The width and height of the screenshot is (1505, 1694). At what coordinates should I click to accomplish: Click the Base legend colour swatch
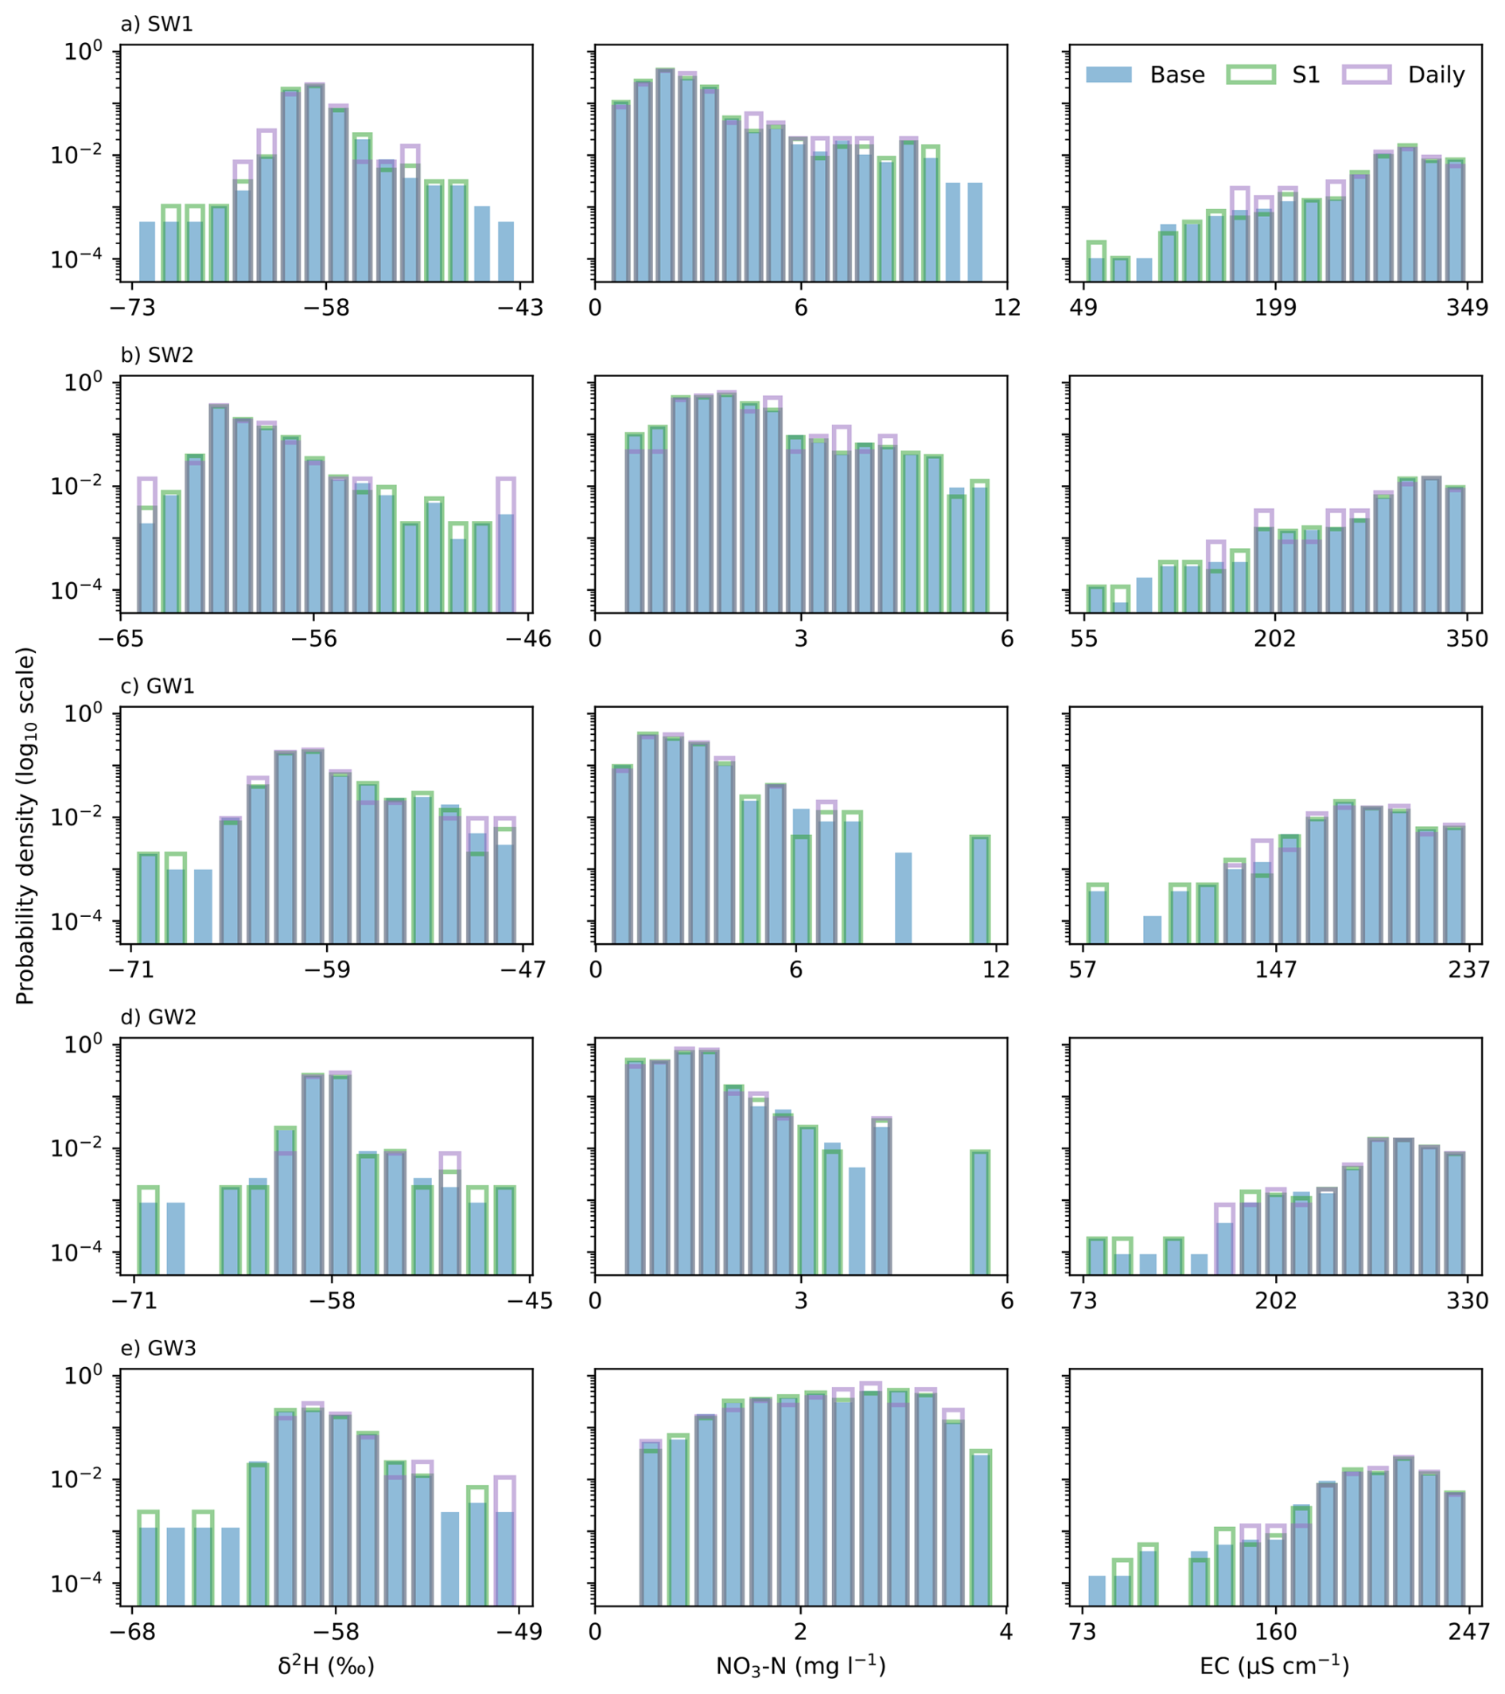tap(1108, 75)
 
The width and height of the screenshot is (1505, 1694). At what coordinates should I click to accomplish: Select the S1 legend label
tap(1305, 75)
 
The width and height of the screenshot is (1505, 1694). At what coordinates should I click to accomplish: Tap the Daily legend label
tap(1437, 76)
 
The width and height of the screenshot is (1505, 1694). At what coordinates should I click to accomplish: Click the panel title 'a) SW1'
tap(157, 24)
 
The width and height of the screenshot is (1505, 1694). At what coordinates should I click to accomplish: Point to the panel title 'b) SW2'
tap(157, 355)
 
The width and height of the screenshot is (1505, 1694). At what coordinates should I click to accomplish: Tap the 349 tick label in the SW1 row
tap(1468, 308)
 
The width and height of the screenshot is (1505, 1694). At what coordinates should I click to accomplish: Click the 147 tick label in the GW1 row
tap(1275, 969)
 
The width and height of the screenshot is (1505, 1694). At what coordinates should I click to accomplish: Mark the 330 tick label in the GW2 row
tap(1468, 1300)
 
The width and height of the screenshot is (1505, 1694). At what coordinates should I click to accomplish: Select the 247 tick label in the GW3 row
tap(1468, 1632)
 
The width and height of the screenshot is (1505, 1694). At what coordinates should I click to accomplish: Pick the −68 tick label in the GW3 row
tap(132, 1632)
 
